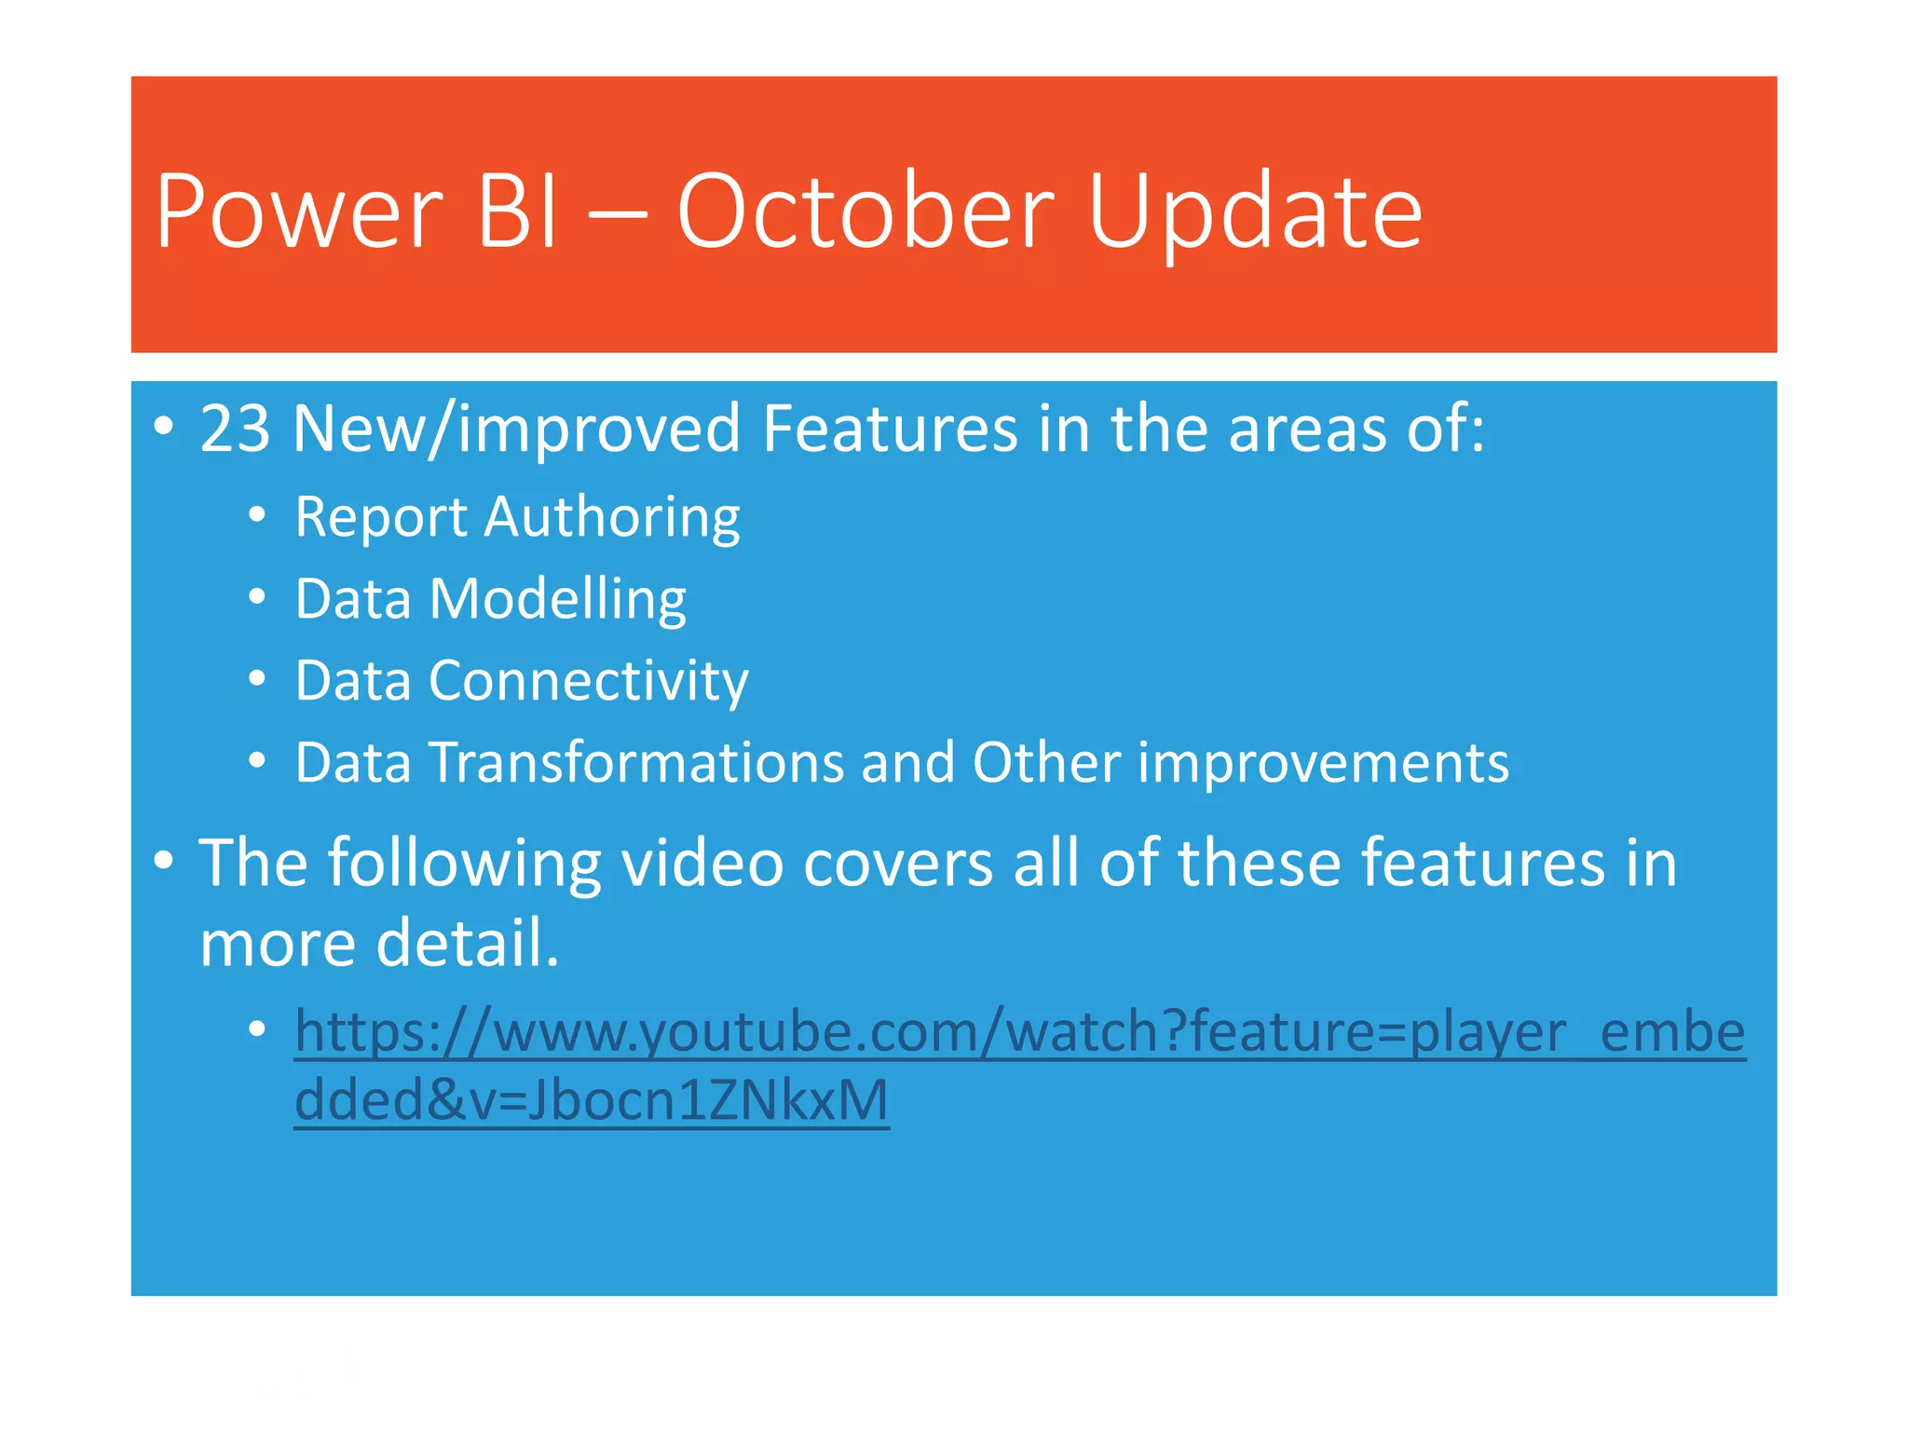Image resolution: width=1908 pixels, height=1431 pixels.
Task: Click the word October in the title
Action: pyautogui.click(x=865, y=213)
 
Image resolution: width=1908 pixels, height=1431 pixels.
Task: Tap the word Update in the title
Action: pyautogui.click(x=1255, y=213)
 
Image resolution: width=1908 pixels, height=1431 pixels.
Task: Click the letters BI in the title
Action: pyautogui.click(x=518, y=213)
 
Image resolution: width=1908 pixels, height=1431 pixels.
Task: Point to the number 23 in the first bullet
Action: pyautogui.click(x=235, y=429)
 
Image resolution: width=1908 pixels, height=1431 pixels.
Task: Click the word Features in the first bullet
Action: pyautogui.click(x=890, y=429)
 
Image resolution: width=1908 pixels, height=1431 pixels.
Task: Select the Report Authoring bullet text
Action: pyautogui.click(x=517, y=517)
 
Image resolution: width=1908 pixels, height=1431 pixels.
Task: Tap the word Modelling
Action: pyautogui.click(x=557, y=599)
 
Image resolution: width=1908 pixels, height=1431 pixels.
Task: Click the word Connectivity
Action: pyautogui.click(x=588, y=681)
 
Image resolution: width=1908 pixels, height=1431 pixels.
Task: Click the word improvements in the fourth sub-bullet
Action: pyautogui.click(x=1323, y=763)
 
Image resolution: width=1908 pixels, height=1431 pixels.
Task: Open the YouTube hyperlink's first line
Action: pyautogui.click(x=1019, y=1032)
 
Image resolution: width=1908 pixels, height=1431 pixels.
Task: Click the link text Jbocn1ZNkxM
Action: pyautogui.click(x=708, y=1100)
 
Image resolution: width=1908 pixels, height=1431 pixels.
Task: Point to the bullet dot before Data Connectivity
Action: pyautogui.click(x=258, y=679)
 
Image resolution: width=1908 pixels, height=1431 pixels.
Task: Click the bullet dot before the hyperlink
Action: pyautogui.click(x=258, y=1029)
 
